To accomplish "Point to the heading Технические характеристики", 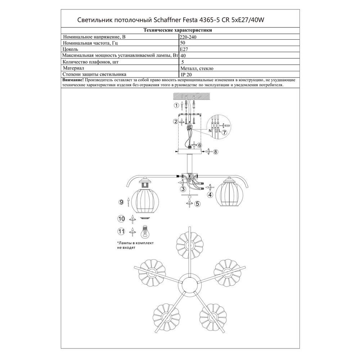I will (x=177, y=31).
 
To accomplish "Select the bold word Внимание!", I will (x=73, y=80).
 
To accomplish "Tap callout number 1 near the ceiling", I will (x=176, y=105).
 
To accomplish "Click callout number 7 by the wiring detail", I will (x=224, y=132).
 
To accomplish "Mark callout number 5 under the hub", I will (x=197, y=204).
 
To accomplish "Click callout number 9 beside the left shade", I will (x=121, y=202).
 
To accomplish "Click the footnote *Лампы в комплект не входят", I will (x=135, y=246).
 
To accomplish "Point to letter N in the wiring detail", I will (x=210, y=131).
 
